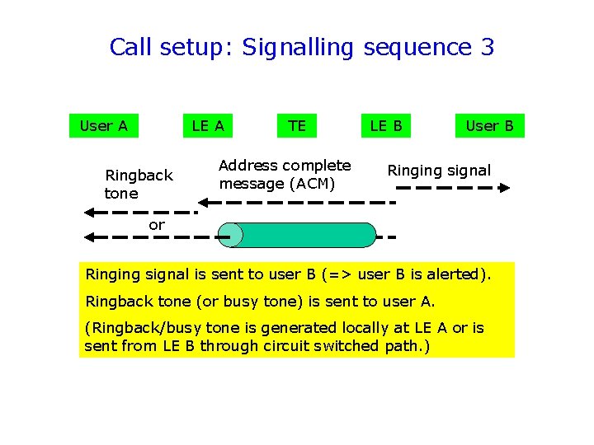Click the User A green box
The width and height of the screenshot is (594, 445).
coord(103,125)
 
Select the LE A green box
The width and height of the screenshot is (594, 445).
coord(208,125)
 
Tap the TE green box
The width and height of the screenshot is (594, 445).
coord(297,125)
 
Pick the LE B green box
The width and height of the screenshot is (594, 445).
coord(386,125)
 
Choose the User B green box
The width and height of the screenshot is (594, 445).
coord(489,125)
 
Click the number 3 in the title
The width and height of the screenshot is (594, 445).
coord(486,47)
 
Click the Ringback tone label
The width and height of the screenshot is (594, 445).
coord(138,184)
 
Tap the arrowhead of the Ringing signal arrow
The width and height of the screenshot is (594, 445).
coord(505,188)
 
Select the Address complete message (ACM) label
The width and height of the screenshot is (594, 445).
coord(285,175)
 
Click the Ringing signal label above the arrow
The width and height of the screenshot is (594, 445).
coord(439,171)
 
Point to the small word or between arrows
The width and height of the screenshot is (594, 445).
coord(157,224)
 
